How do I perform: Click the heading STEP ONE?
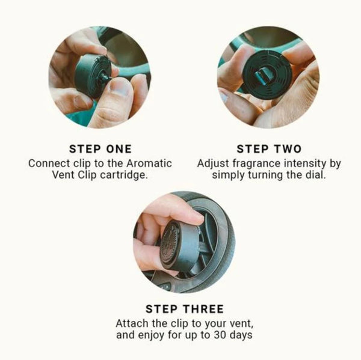coord(100,149)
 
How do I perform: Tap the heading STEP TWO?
coord(269,149)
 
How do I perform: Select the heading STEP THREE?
coord(185,309)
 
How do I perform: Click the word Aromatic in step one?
coord(149,163)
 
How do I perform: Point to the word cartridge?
coord(124,175)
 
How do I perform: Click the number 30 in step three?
coord(220,335)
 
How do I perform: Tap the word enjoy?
coord(151,335)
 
